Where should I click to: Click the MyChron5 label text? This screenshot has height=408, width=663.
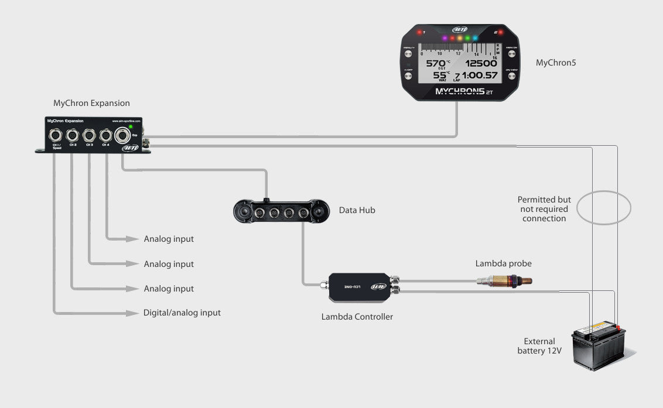pyautogui.click(x=556, y=62)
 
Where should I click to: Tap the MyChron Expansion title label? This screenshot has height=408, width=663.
pyautogui.click(x=91, y=103)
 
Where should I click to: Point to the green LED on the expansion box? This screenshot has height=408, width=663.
pyautogui.click(x=131, y=126)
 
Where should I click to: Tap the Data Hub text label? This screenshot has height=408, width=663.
pyautogui.click(x=357, y=210)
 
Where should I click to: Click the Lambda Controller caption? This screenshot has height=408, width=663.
pyautogui.click(x=357, y=317)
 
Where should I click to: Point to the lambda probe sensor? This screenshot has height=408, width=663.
pyautogui.click(x=504, y=282)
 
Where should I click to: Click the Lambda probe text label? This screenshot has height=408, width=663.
pyautogui.click(x=503, y=263)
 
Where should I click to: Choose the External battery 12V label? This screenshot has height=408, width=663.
pyautogui.click(x=539, y=346)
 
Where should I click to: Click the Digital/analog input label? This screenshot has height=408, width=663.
pyautogui.click(x=182, y=313)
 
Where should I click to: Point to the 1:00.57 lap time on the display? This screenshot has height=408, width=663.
pyautogui.click(x=479, y=76)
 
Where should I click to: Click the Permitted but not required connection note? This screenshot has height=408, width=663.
pyautogui.click(x=544, y=209)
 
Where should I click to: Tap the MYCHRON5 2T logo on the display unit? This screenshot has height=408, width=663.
pyautogui.click(x=459, y=92)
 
